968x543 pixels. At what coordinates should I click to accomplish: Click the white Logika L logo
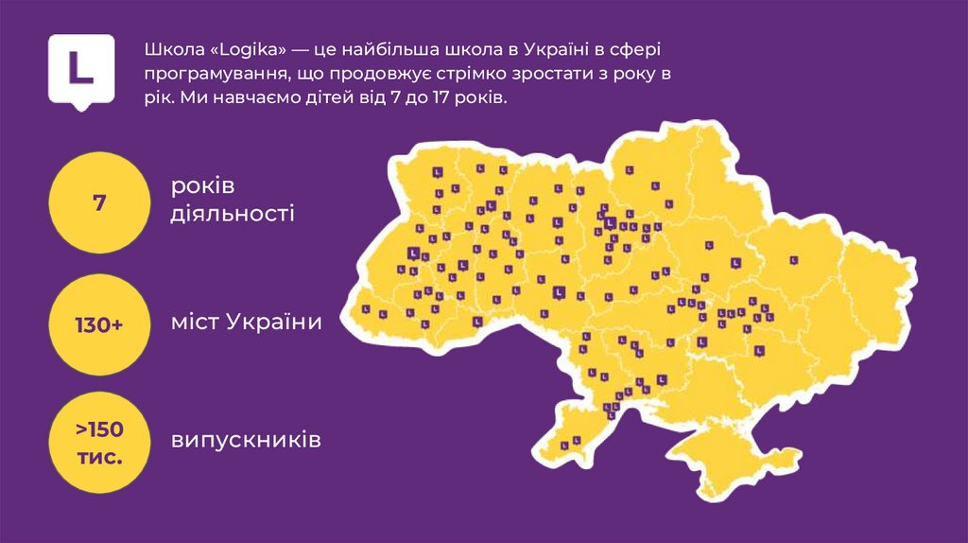(81, 68)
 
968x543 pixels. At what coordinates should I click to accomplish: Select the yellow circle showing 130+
(99, 324)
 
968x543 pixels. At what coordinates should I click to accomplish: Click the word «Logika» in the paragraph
(236, 49)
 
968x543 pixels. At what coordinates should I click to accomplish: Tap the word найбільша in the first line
(397, 49)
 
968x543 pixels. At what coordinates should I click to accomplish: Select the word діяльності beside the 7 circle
(232, 214)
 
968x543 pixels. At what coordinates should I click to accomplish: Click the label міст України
(246, 323)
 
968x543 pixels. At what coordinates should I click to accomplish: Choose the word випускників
(246, 441)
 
